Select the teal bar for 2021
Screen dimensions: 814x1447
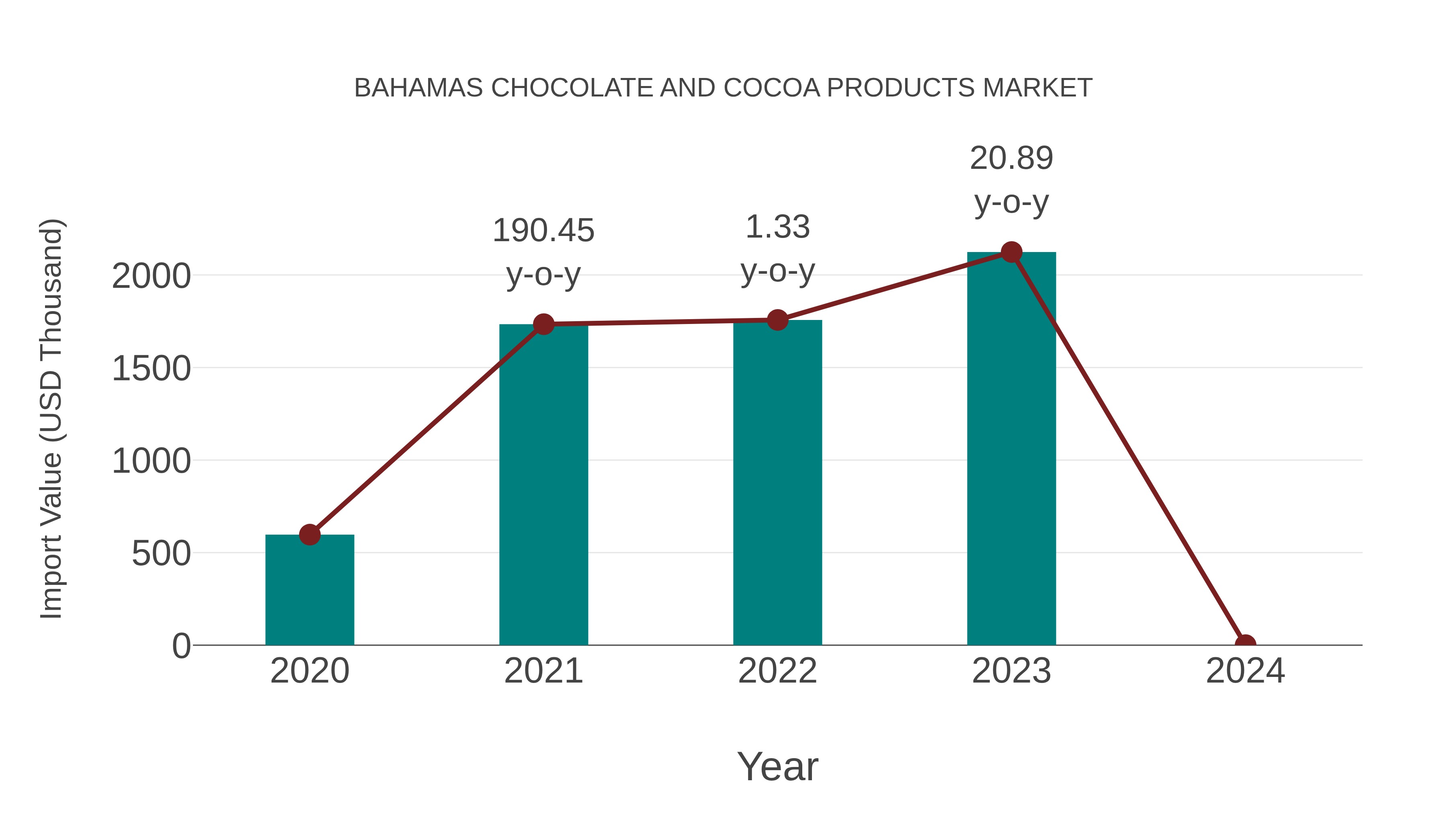point(543,489)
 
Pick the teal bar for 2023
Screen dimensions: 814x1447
point(1011,449)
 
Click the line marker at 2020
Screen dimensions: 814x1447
point(309,534)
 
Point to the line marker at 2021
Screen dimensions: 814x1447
point(543,324)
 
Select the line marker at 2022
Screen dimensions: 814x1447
point(777,320)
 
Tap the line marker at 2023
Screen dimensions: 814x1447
point(1011,252)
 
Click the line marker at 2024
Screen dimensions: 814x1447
point(1245,644)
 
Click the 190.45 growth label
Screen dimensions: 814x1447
point(543,231)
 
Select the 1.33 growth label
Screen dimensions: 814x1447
point(777,228)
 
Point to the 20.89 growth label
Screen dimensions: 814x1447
point(1011,158)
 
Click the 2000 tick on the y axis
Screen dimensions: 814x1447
point(151,277)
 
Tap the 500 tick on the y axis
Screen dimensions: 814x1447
point(161,554)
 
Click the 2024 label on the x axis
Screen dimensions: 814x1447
point(1245,671)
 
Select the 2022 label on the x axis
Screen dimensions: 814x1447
point(777,671)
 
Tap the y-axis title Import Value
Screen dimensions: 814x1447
point(52,418)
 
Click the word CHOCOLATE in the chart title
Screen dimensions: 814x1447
point(571,88)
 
